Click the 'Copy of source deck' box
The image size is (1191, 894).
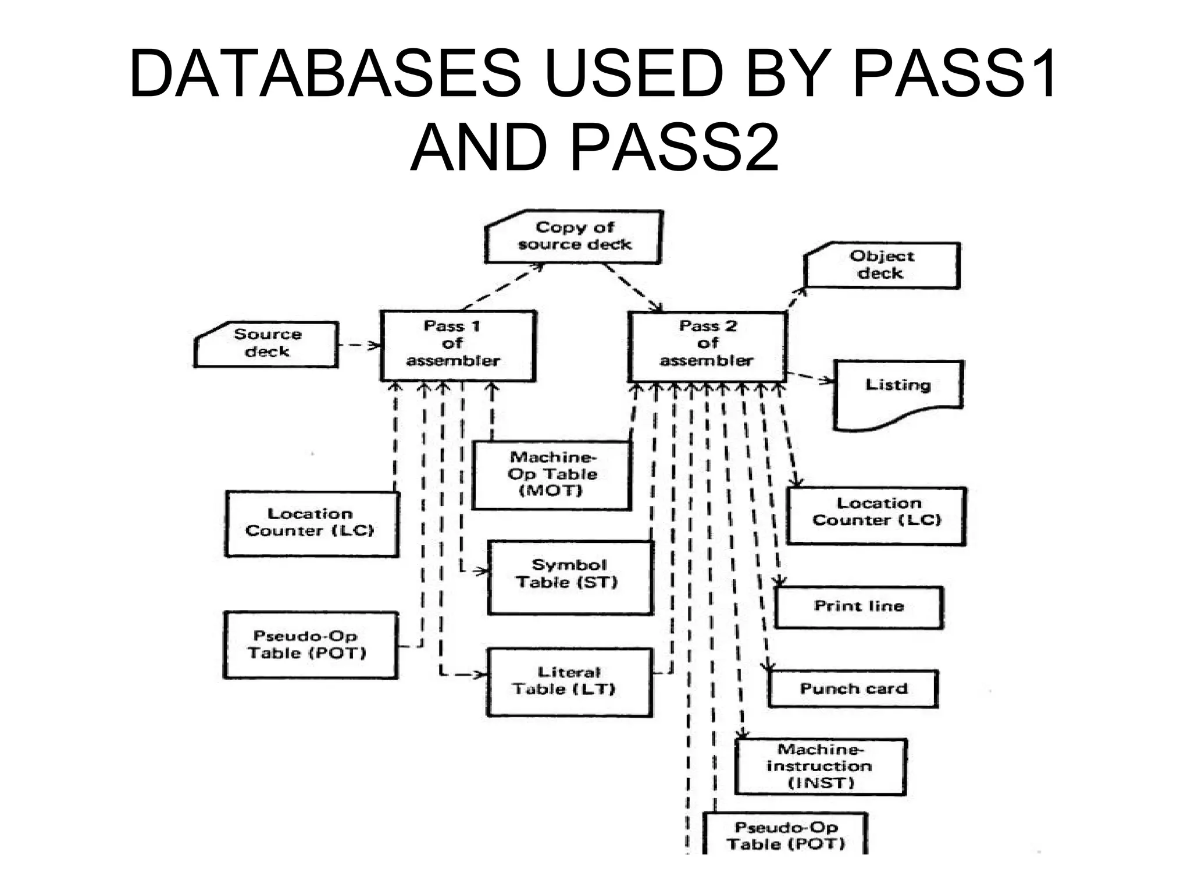coord(574,237)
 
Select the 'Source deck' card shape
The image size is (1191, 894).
coord(266,344)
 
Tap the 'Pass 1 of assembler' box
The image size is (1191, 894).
coord(458,346)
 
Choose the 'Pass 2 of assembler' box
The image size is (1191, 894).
coord(707,346)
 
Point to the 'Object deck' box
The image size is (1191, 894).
coord(882,265)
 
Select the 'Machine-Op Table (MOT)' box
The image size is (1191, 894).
coord(551,475)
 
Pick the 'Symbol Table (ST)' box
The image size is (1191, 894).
coord(570,576)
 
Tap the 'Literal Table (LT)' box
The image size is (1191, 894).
coord(569,682)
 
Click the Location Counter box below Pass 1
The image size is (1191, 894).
coord(312,524)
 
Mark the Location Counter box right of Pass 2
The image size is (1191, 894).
coord(876,515)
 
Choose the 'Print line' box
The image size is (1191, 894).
coord(858,607)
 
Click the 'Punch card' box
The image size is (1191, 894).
coord(853,689)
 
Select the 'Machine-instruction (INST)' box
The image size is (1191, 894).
coord(820,767)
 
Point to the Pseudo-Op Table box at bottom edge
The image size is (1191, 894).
coord(785,835)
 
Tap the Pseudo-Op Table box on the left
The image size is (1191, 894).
coord(311,645)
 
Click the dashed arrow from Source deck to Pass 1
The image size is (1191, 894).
coord(358,346)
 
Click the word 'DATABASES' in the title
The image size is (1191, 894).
coord(325,74)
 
